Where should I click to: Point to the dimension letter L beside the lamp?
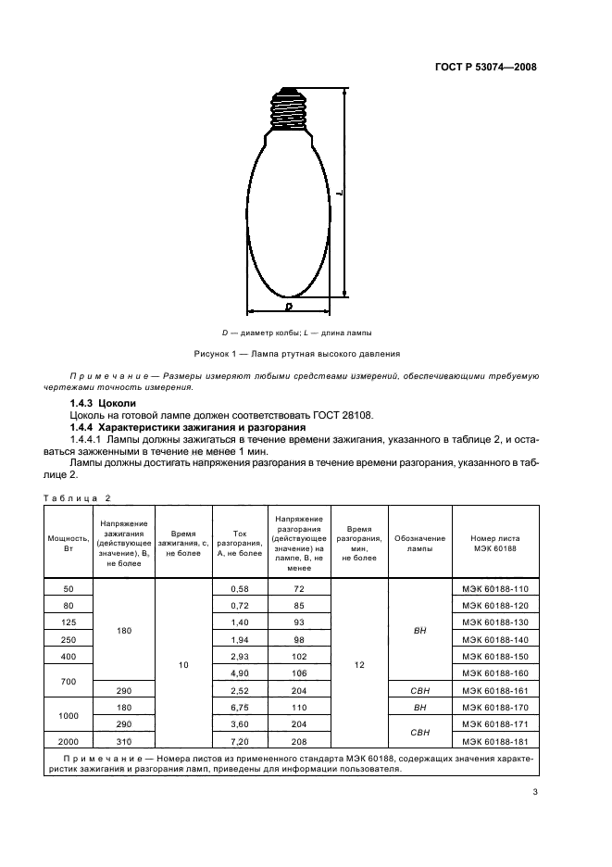click(341, 193)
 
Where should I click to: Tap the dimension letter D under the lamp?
click(288, 306)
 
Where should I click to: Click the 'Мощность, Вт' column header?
click(67, 544)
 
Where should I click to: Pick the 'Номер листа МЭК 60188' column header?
click(495, 544)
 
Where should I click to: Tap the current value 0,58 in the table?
click(239, 589)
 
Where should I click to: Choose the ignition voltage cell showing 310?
click(124, 740)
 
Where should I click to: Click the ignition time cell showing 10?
click(183, 664)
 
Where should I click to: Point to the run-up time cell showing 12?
click(358, 664)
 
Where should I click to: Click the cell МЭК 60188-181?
click(495, 740)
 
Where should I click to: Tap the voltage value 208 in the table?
click(299, 740)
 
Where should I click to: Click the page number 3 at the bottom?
click(535, 792)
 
